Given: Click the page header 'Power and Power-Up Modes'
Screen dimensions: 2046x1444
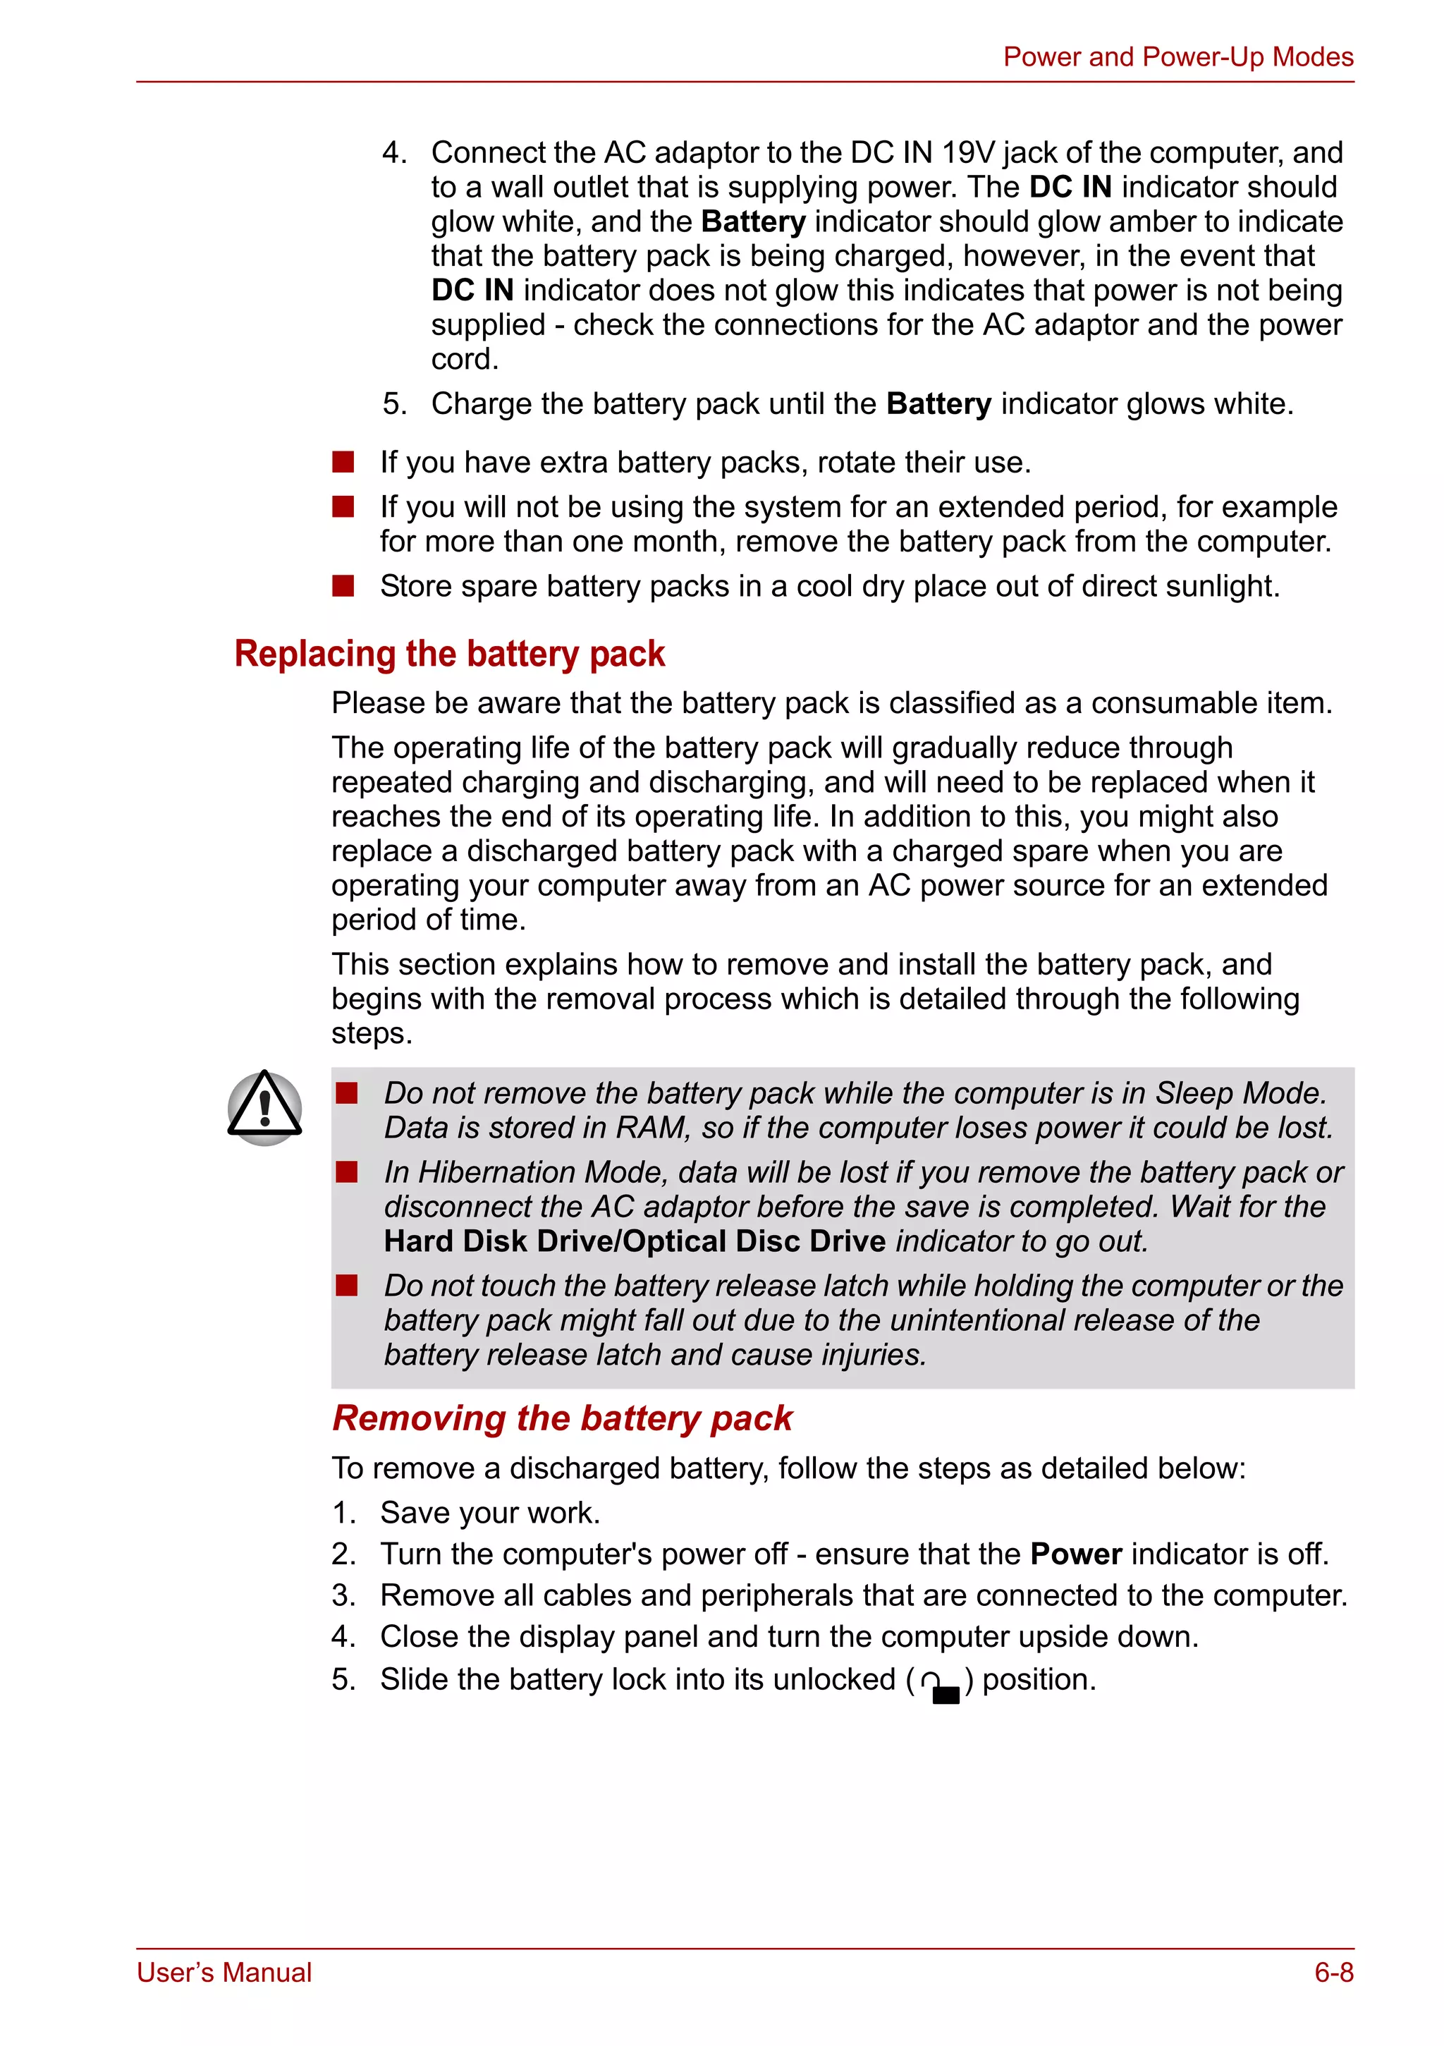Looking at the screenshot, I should (x=1177, y=57).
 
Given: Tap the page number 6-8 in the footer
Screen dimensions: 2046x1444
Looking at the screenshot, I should (x=1333, y=1972).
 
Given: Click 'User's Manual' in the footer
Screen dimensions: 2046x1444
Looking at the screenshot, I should (x=224, y=1972).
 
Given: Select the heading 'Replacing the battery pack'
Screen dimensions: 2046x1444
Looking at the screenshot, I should (x=449, y=653).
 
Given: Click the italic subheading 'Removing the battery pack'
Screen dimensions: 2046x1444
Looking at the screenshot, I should (x=562, y=1418).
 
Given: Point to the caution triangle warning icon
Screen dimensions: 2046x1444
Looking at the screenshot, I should (x=264, y=1108).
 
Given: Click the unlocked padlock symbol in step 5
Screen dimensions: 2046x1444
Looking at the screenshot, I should (x=941, y=1685).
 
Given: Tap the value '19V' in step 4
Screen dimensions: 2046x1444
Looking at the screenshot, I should (x=967, y=152).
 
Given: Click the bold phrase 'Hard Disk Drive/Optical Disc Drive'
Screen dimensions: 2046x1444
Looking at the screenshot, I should (x=635, y=1241).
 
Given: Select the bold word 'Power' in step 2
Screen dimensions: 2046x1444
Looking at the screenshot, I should (x=1075, y=1554).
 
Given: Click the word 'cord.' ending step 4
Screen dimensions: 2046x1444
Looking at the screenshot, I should (x=464, y=359).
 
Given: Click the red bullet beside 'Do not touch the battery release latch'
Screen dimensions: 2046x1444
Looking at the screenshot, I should (x=346, y=1285).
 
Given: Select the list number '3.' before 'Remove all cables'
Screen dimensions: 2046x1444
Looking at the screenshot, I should (x=344, y=1595).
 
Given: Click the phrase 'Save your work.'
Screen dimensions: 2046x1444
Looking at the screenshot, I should (x=490, y=1513).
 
